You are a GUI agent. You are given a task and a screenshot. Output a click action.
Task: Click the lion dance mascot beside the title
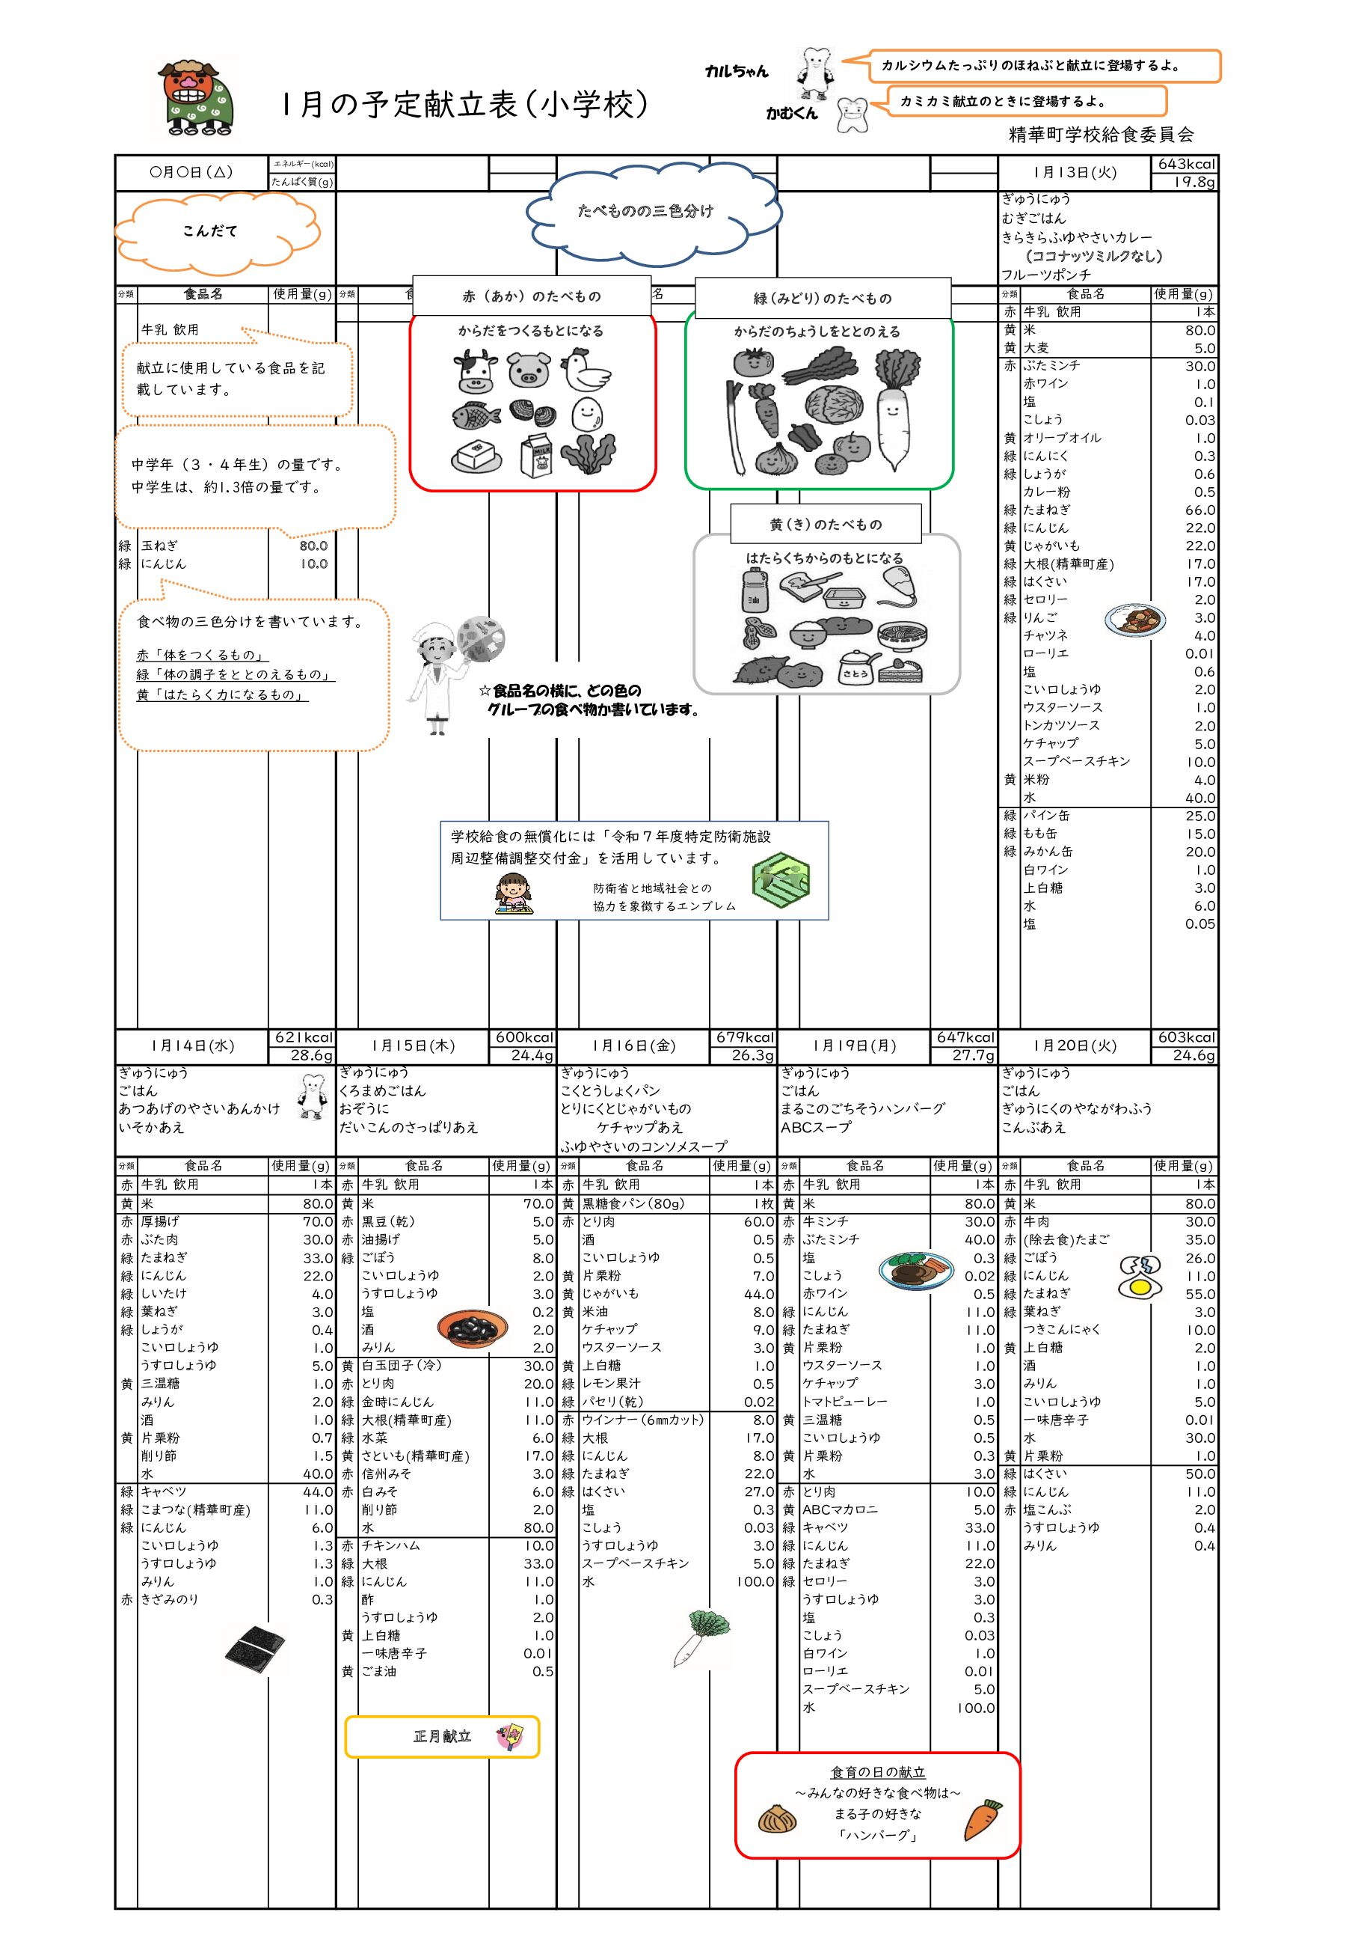[196, 100]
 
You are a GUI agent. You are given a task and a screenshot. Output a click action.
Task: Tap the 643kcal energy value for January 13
[1185, 164]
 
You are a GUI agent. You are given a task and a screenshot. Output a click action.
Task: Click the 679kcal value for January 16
[744, 1037]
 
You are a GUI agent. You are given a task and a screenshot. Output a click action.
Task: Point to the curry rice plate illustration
[1136, 620]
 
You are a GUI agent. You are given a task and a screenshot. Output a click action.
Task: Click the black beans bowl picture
[473, 1328]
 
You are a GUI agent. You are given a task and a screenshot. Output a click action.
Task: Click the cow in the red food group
[476, 371]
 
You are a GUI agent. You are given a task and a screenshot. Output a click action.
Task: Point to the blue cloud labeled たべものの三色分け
[653, 213]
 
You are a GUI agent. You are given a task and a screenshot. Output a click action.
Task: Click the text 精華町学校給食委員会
[1101, 135]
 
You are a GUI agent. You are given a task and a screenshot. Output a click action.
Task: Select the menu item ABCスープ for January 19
[816, 1127]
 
